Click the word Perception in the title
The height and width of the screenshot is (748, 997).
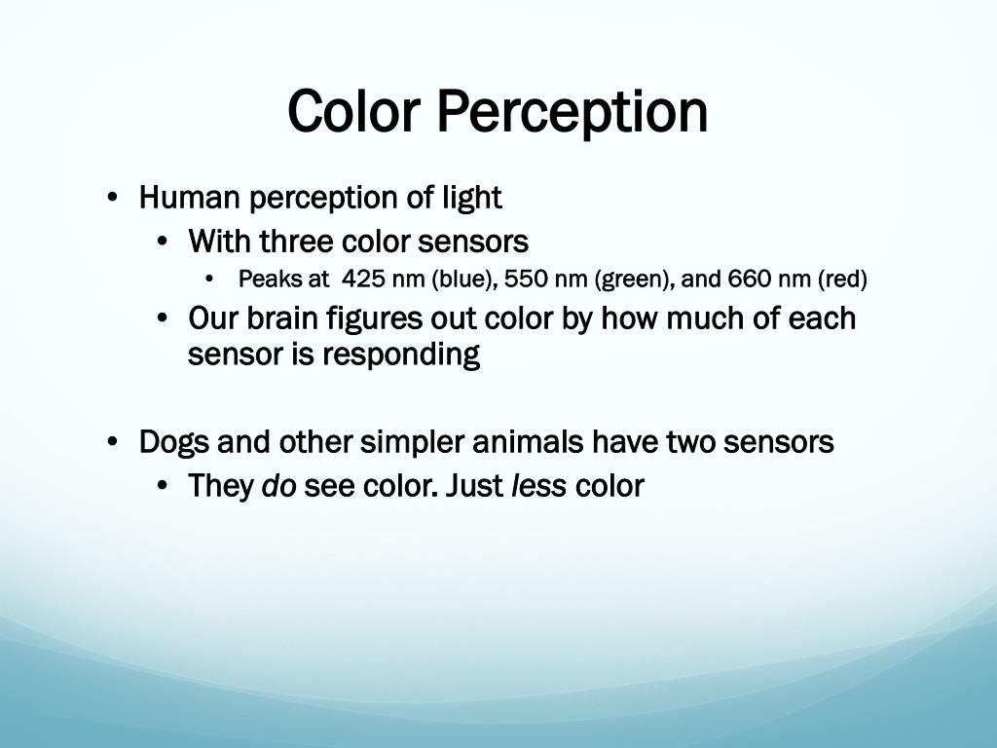(x=572, y=112)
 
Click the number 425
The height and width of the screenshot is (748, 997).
(x=364, y=280)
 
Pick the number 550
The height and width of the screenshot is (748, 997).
(x=527, y=280)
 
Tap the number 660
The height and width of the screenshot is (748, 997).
(x=748, y=280)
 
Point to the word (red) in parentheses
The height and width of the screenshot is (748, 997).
(x=842, y=280)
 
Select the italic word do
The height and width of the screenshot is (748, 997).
(x=278, y=486)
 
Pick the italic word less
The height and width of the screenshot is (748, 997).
(x=538, y=486)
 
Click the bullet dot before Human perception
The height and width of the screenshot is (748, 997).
(x=114, y=199)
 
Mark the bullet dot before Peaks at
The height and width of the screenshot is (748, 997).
(x=211, y=280)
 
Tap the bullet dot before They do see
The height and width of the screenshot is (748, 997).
(x=163, y=486)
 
